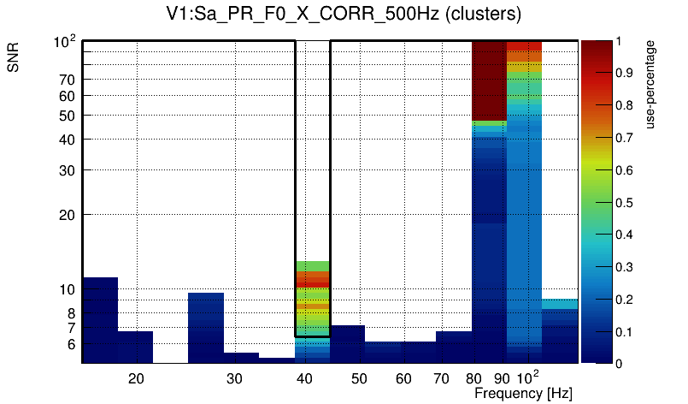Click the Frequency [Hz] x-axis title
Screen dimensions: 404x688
[523, 393]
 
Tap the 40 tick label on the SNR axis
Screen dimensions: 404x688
[68, 139]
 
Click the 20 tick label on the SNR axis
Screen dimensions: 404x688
[68, 214]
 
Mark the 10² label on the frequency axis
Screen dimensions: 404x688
[528, 377]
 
